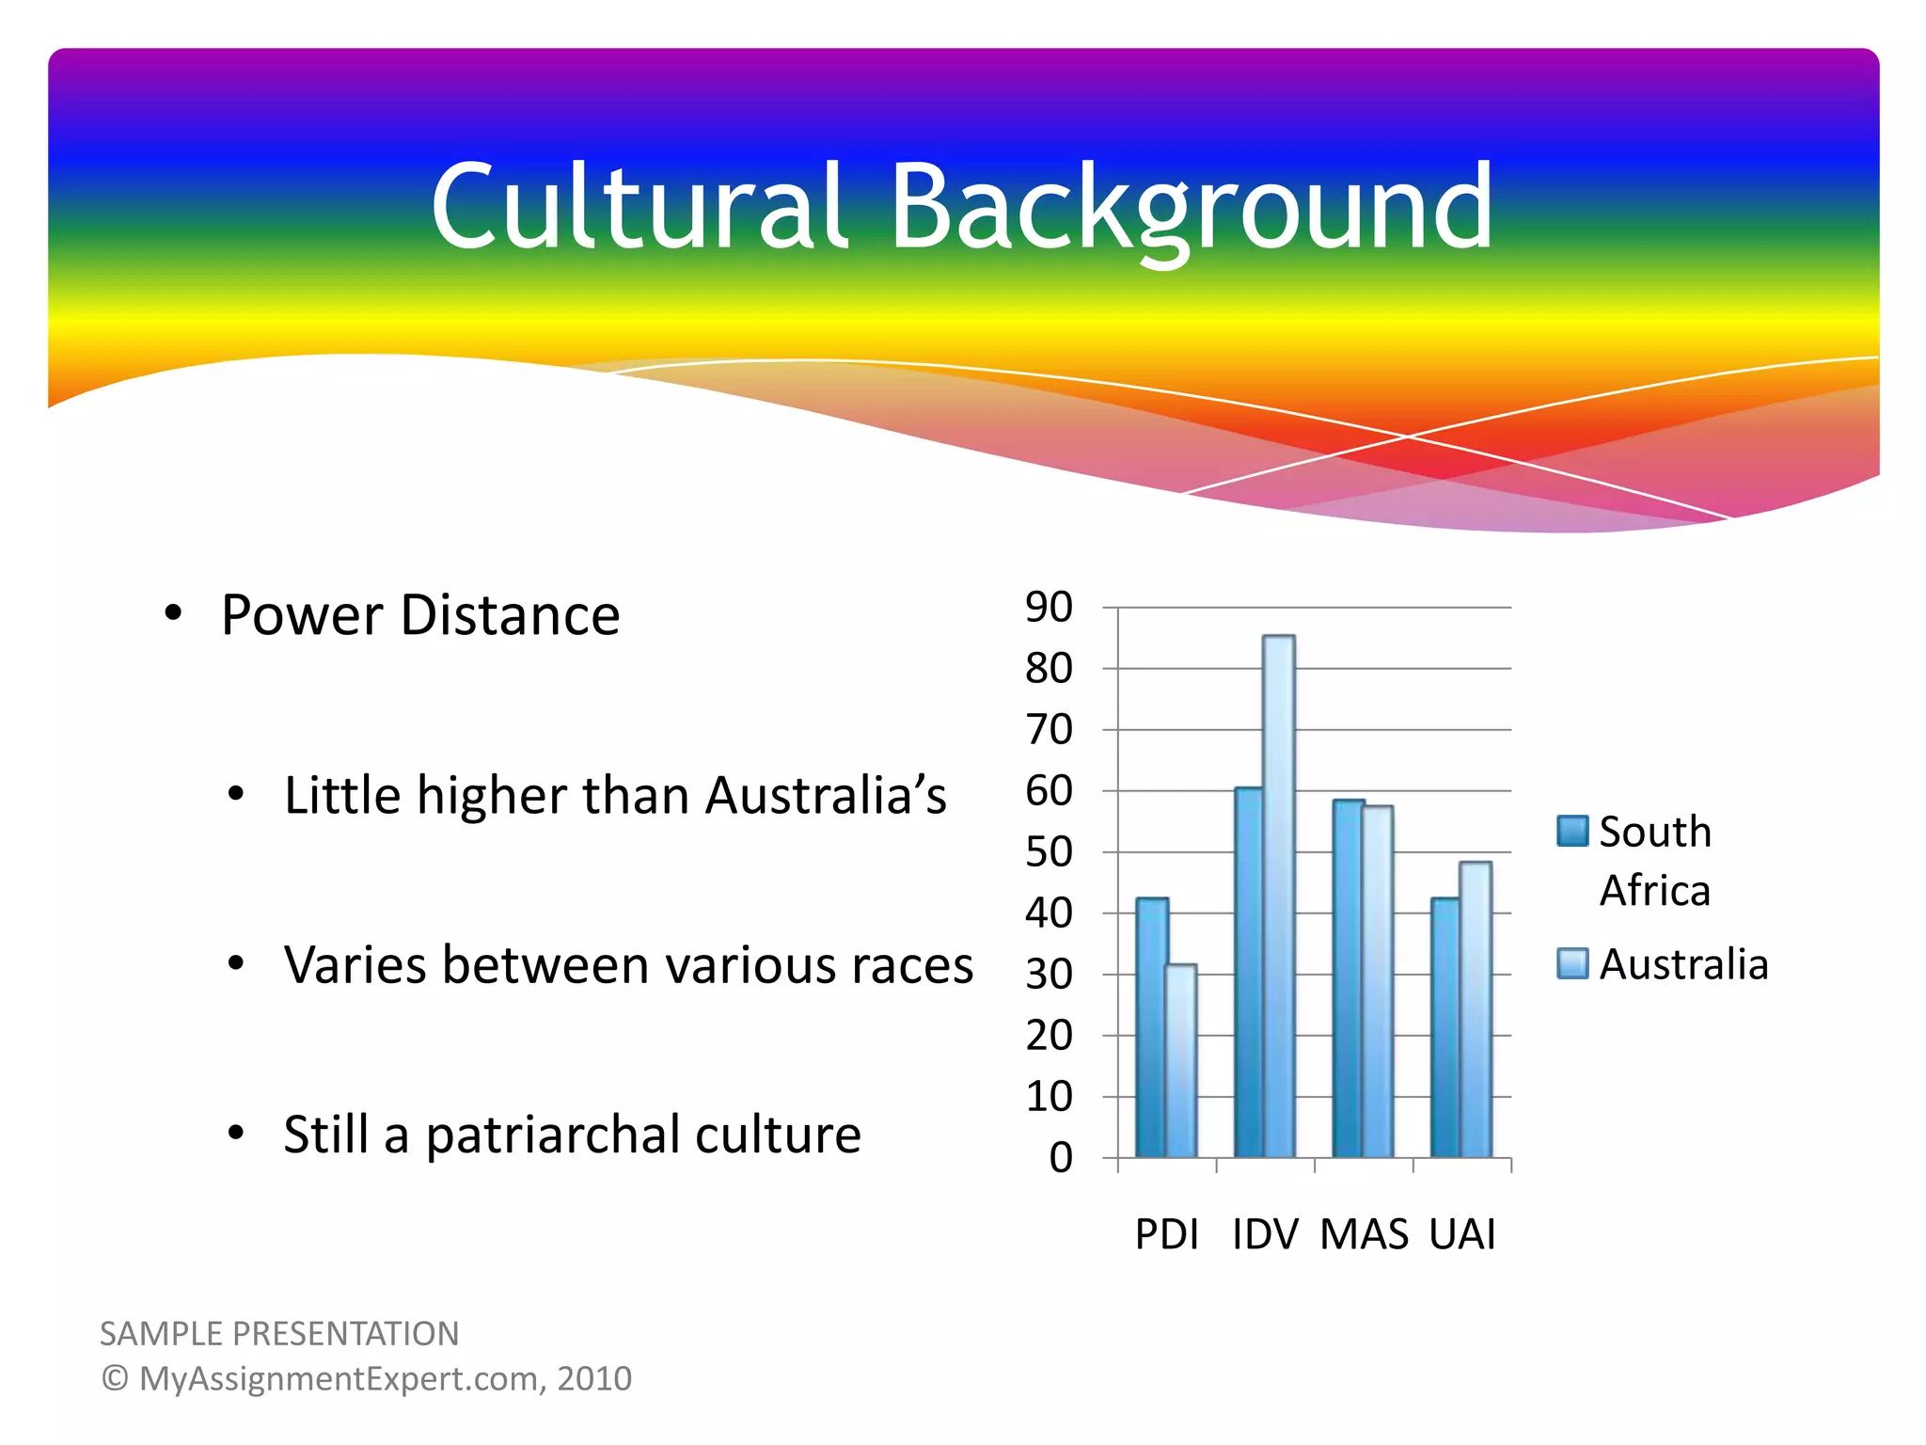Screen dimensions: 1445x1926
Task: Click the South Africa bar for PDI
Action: (1151, 1027)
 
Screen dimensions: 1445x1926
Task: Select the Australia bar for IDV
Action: (1279, 896)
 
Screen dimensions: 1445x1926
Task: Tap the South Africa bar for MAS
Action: (1348, 978)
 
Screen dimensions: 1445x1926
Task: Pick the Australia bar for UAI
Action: (1476, 1008)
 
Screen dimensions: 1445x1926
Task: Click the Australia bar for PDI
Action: (1181, 1061)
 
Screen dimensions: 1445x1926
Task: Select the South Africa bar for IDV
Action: (1249, 973)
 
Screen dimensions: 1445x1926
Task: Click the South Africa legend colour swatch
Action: (1572, 832)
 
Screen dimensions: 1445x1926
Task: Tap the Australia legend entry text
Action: (1683, 964)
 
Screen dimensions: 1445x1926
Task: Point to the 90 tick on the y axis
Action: (1049, 608)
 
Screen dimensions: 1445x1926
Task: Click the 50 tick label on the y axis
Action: (1049, 852)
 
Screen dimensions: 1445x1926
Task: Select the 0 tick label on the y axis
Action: (1061, 1158)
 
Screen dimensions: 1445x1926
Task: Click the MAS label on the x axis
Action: (1364, 1234)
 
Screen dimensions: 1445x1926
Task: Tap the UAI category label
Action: (1462, 1234)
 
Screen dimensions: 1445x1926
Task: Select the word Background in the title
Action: (1191, 209)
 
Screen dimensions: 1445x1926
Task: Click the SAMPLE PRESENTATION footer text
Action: (279, 1334)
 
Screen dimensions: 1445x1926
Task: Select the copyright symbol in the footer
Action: (115, 1378)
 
